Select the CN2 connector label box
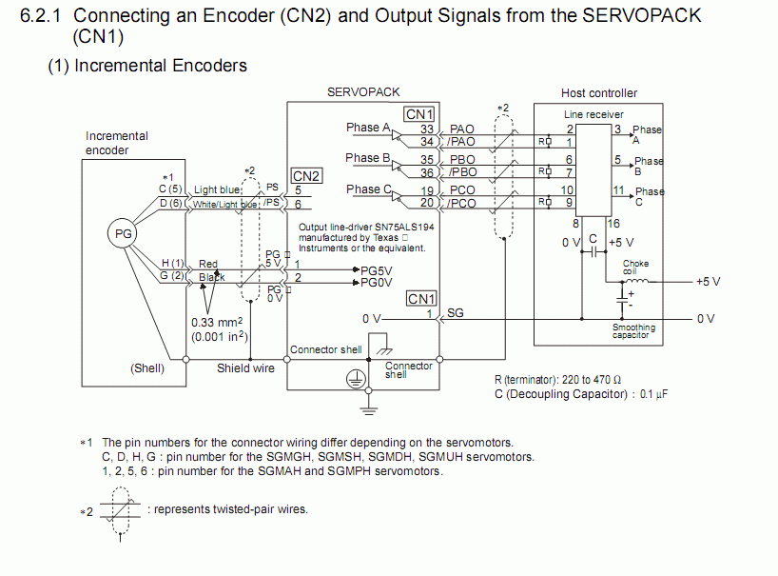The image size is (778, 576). (x=306, y=176)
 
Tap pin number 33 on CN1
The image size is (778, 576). (x=427, y=129)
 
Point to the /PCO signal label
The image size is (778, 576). (x=462, y=204)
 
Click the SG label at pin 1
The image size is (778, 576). (x=455, y=312)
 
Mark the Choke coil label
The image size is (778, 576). (x=635, y=268)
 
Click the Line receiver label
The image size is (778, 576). (x=593, y=114)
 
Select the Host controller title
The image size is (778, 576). (x=599, y=93)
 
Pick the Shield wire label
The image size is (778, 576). (x=245, y=367)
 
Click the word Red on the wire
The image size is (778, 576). (x=208, y=264)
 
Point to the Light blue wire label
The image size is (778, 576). (x=218, y=190)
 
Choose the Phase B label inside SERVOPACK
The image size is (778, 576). (x=368, y=158)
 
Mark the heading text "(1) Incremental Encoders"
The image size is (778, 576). (x=147, y=66)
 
